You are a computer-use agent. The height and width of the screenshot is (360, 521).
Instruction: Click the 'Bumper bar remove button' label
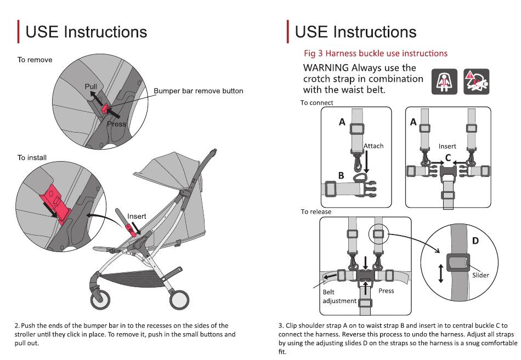[198, 91]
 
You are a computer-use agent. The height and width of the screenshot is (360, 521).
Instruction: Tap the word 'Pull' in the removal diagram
[90, 87]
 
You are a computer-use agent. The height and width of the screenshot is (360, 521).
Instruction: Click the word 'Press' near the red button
[116, 124]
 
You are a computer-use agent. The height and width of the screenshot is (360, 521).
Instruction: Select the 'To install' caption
[32, 158]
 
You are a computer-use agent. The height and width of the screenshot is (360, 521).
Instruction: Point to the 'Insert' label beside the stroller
[137, 216]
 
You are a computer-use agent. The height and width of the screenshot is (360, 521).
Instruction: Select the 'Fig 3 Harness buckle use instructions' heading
[376, 53]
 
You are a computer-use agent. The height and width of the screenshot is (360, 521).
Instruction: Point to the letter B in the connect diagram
[341, 176]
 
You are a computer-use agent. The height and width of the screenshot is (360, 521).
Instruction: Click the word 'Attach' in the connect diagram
[373, 146]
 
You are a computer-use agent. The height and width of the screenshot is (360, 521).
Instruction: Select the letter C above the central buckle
[448, 158]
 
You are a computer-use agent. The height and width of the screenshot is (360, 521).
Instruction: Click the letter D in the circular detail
[475, 241]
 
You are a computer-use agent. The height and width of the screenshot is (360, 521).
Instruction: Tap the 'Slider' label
[480, 275]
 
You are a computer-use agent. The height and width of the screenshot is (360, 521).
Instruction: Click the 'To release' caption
[316, 212]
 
